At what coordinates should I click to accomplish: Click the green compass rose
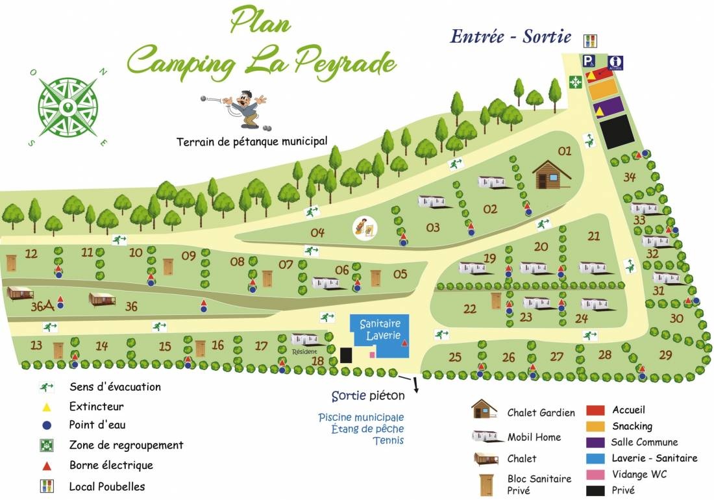(x=68, y=106)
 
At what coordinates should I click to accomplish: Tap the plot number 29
(x=665, y=355)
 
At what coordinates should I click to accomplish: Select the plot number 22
(x=469, y=309)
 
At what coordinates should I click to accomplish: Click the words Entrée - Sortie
(x=511, y=36)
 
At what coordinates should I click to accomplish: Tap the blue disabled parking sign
(x=589, y=62)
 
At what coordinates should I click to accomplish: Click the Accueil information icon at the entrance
(x=616, y=62)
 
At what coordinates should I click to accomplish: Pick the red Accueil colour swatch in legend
(x=595, y=410)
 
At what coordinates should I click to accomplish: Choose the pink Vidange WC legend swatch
(x=595, y=474)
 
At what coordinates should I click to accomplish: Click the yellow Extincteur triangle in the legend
(x=46, y=406)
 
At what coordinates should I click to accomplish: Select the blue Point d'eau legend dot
(x=46, y=425)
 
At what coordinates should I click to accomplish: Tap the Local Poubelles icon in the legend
(x=46, y=486)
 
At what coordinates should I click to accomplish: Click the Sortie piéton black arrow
(x=413, y=384)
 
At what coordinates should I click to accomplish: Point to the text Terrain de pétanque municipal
(x=252, y=141)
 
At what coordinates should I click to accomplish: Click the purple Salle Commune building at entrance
(x=609, y=106)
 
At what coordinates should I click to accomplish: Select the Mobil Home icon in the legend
(x=485, y=436)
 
